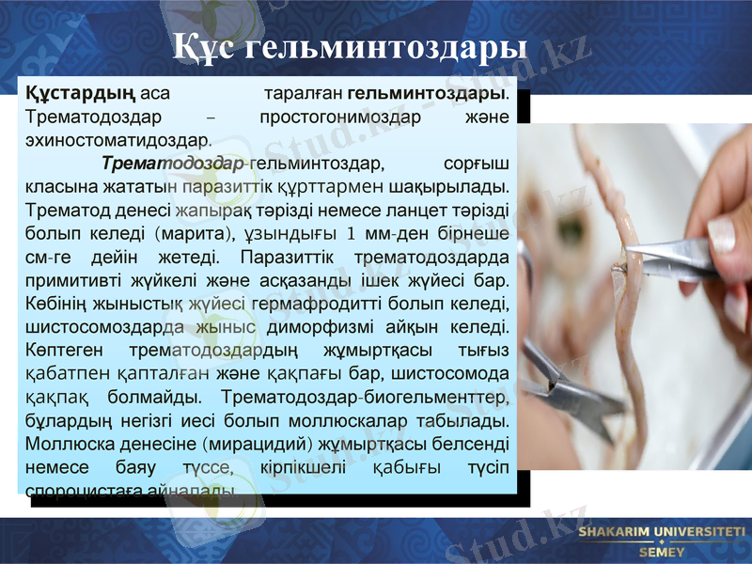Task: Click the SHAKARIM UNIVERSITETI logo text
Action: (x=662, y=532)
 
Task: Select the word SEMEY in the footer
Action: (x=662, y=552)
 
